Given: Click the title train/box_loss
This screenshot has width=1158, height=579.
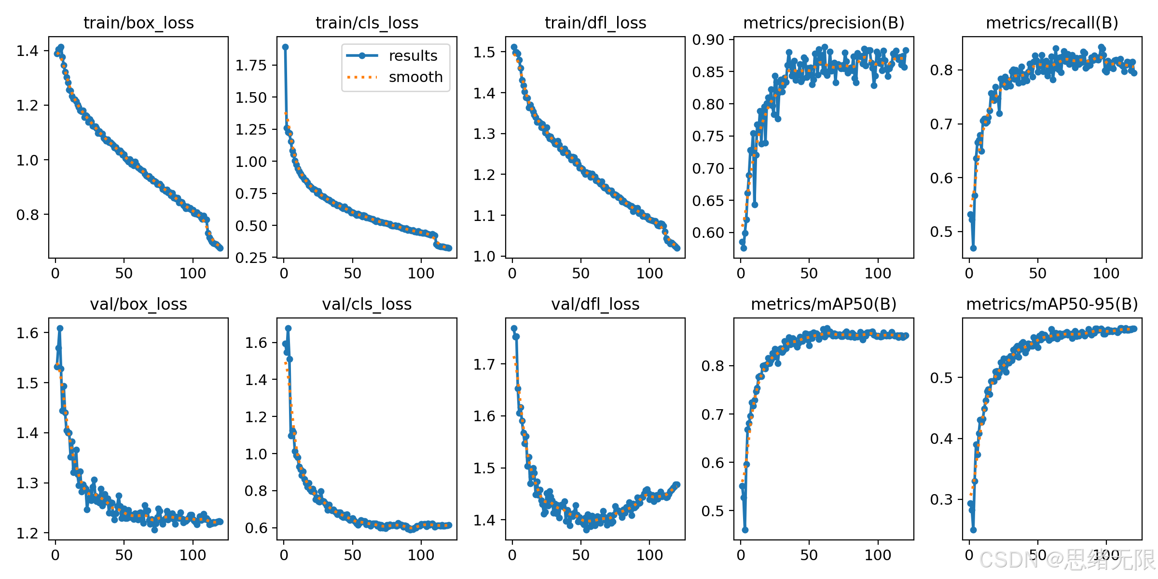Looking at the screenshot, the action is (138, 23).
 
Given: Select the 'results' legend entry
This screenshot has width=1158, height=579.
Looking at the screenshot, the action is (391, 55).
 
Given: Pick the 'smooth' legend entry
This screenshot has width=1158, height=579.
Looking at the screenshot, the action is (394, 77).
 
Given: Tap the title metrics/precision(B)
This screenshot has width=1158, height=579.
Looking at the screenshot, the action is (824, 23).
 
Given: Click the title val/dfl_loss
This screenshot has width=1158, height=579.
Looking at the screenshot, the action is (595, 304).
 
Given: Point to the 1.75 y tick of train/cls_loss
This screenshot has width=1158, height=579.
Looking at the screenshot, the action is (251, 65).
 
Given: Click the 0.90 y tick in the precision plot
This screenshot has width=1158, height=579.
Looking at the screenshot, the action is (708, 40).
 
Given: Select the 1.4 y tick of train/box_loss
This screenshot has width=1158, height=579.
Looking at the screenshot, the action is (27, 51).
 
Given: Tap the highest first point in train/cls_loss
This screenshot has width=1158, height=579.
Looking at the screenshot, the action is (285, 47).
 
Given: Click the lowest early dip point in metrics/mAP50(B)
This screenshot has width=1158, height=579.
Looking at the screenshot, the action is (745, 530).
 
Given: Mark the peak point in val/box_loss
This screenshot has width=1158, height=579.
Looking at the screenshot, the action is (60, 328).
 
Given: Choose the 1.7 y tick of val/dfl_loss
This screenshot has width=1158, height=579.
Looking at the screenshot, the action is (484, 364).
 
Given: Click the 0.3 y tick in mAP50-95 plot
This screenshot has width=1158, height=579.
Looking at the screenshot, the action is (941, 499).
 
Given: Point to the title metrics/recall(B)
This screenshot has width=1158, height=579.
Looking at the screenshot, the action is (1052, 23).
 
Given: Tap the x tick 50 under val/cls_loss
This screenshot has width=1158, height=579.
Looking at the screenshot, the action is (352, 555).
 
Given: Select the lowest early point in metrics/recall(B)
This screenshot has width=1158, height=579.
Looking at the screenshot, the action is (973, 248).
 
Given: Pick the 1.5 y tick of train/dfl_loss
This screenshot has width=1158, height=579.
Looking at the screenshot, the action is (484, 52).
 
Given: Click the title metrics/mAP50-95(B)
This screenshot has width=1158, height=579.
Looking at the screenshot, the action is (1052, 304).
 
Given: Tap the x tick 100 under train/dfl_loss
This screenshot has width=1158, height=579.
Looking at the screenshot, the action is (649, 273).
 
